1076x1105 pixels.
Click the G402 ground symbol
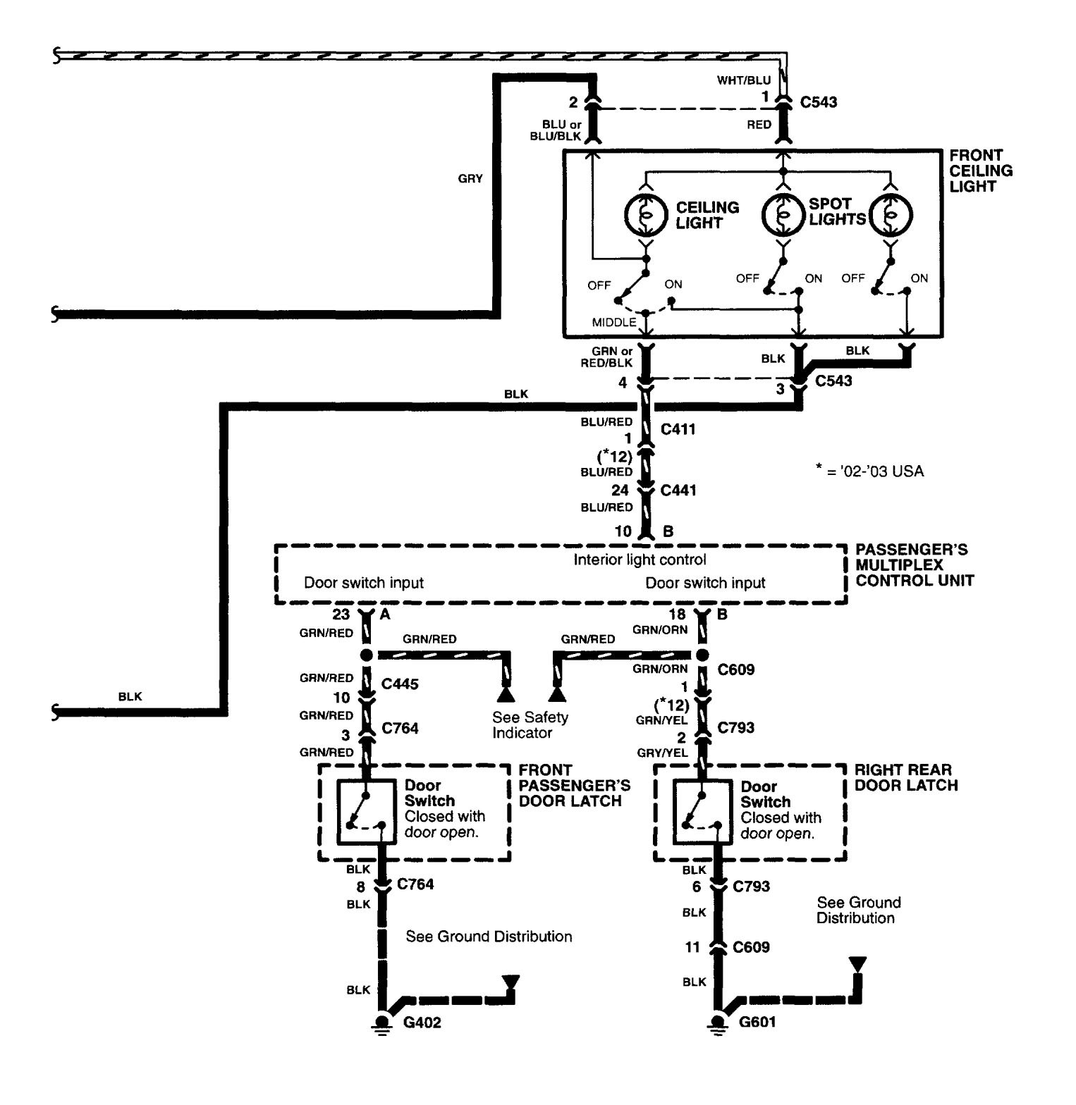(382, 1023)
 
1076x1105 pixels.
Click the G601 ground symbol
(718, 1023)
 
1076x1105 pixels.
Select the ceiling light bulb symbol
(645, 214)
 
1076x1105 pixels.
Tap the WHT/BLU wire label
(744, 80)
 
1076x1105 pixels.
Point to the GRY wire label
(470, 179)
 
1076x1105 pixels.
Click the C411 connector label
(678, 429)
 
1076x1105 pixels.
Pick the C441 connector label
(678, 490)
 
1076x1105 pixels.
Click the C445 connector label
(400, 684)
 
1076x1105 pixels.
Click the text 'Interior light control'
(640, 560)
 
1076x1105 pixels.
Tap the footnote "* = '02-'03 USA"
(869, 471)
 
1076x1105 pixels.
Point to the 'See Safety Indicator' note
(530, 725)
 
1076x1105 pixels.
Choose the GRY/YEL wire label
(662, 753)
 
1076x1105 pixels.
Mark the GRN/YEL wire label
(662, 720)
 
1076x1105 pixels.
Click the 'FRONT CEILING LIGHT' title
(981, 171)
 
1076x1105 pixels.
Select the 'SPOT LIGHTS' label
(836, 211)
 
